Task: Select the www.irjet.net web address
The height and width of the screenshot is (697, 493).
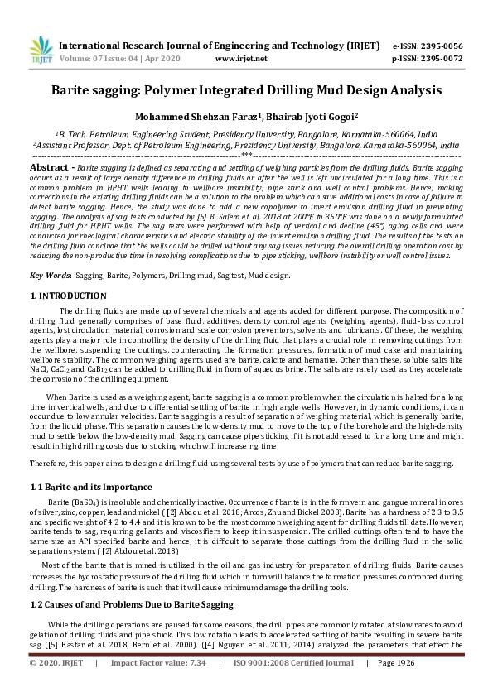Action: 241,59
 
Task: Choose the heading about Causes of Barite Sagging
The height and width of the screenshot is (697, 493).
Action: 120,606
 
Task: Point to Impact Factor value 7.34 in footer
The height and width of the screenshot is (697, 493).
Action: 197,686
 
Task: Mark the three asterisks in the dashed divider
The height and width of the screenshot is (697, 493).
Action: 246,154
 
